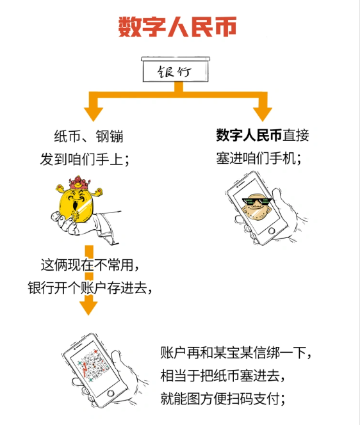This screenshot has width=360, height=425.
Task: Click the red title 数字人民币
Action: [x=177, y=27]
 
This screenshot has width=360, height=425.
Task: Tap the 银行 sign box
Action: [x=176, y=69]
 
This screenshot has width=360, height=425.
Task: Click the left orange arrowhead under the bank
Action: [x=94, y=114]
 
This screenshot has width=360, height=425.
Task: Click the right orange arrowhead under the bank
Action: [x=263, y=114]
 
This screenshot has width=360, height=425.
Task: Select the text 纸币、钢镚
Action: [x=88, y=136]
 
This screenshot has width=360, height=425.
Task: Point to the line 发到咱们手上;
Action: [x=85, y=159]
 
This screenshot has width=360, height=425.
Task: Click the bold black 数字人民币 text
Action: [x=249, y=135]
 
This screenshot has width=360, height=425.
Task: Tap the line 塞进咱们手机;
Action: [x=259, y=158]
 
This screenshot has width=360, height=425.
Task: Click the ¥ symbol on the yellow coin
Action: [x=76, y=216]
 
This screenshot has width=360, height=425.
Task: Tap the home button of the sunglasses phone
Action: [x=272, y=231]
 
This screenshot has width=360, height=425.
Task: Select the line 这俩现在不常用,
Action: [x=90, y=265]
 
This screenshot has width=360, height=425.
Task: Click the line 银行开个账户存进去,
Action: [x=90, y=287]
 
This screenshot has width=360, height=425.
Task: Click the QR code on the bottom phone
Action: [x=92, y=364]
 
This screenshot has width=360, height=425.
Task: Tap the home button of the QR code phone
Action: [x=110, y=393]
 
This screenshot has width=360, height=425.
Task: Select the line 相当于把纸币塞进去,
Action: [x=222, y=376]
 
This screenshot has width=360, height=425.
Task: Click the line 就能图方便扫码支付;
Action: [x=222, y=398]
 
